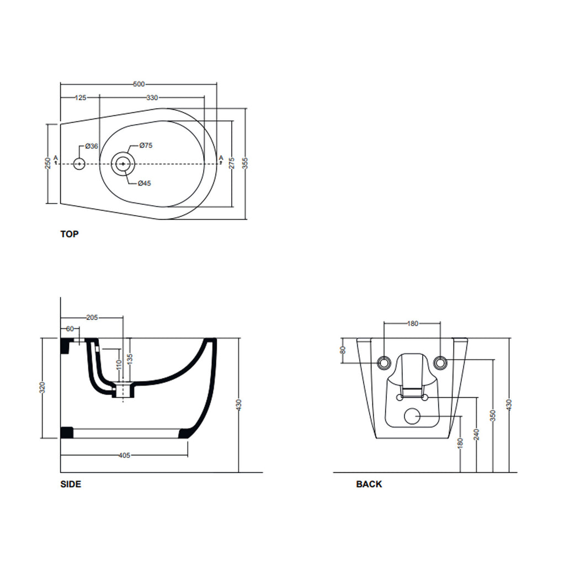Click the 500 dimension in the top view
[x=138, y=84]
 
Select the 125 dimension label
[x=81, y=98]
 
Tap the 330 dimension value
[x=152, y=98]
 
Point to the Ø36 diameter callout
[x=92, y=146]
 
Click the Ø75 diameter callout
[x=146, y=145]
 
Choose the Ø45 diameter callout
[x=144, y=183]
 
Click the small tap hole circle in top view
[x=79, y=164]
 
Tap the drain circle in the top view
[x=122, y=164]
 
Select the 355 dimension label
[x=245, y=163]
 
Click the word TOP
[x=70, y=234]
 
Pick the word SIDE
[x=71, y=484]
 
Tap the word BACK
[x=369, y=484]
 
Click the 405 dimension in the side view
[x=124, y=456]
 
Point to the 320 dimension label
[x=42, y=388]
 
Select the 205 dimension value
[x=92, y=318]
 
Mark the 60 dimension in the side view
[x=70, y=329]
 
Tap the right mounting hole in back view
[x=440, y=363]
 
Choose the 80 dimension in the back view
[x=343, y=350]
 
